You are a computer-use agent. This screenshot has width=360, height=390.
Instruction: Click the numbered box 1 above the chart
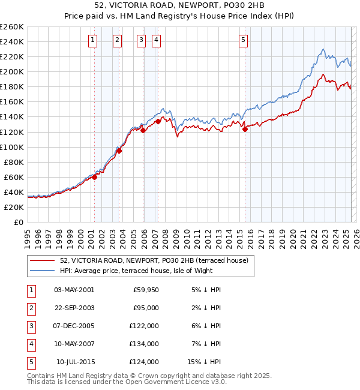94,40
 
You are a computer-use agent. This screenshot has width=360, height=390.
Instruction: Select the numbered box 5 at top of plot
243,40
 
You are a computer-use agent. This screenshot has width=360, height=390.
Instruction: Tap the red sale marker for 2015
245,129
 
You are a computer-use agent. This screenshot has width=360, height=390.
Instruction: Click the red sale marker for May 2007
158,121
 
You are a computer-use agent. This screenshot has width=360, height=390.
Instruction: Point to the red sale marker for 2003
119,151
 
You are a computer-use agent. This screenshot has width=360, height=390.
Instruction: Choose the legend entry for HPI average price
156,271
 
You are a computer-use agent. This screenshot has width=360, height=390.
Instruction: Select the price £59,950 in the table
144,290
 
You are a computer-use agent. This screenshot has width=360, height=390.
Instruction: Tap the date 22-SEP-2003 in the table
74,308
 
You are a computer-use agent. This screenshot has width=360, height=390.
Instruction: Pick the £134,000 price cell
144,344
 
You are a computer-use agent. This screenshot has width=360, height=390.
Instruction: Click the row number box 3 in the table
30,326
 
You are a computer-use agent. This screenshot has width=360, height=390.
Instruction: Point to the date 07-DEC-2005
74,326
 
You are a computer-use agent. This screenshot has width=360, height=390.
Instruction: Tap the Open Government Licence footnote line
127,382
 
